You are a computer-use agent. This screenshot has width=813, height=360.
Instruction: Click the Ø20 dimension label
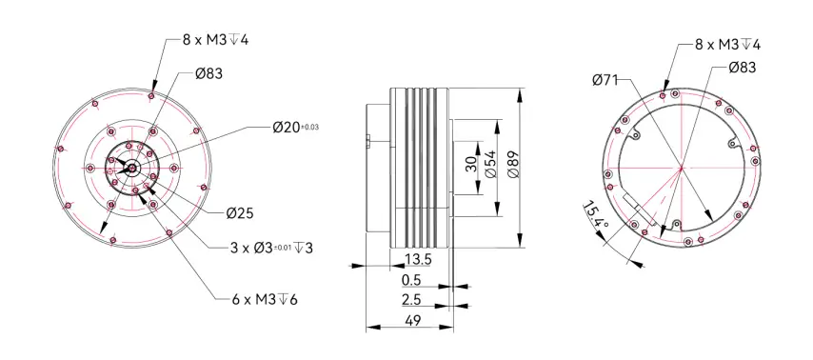pyautogui.click(x=287, y=127)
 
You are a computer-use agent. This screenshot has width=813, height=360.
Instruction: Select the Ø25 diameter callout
pyautogui.click(x=240, y=212)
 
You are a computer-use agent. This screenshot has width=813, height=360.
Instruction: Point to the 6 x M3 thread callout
pyautogui.click(x=264, y=299)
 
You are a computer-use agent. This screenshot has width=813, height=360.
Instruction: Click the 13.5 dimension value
pyautogui.click(x=417, y=259)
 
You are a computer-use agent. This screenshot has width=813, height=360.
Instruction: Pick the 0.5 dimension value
pyautogui.click(x=411, y=280)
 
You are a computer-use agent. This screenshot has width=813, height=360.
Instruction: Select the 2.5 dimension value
pyautogui.click(x=411, y=300)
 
